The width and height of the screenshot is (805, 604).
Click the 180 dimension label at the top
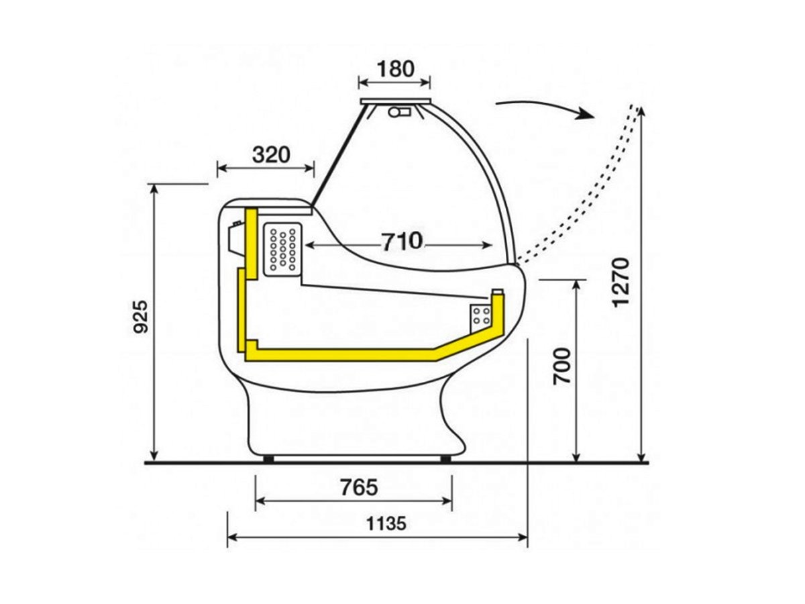coord(395,69)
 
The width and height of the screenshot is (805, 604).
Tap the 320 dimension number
coord(271,154)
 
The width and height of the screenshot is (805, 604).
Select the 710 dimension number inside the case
coord(402,242)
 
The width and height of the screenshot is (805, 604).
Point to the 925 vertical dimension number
coord(140,317)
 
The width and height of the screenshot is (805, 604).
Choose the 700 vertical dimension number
coord(562,366)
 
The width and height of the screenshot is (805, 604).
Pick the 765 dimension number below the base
coord(359,488)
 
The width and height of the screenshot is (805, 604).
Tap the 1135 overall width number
coord(386,524)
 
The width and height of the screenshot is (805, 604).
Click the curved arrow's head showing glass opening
coord(586,113)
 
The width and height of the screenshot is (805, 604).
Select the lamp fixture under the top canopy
coord(400,111)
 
